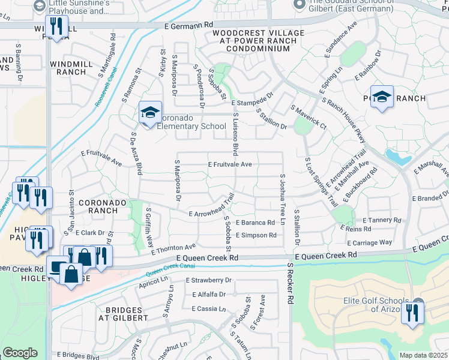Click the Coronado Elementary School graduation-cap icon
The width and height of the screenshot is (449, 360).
(x=151, y=112)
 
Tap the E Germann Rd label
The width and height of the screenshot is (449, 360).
(x=188, y=26)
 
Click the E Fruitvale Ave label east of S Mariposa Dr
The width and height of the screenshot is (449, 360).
(x=230, y=164)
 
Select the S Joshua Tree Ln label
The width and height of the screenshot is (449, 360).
(x=282, y=199)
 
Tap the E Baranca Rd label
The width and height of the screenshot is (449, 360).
(x=256, y=223)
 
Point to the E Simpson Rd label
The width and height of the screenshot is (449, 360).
(x=256, y=235)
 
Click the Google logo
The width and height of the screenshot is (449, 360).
(x=20, y=353)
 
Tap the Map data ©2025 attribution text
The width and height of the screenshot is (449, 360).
(x=423, y=355)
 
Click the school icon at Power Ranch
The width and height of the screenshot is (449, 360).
(x=382, y=97)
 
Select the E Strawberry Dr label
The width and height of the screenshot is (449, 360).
(x=208, y=280)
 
